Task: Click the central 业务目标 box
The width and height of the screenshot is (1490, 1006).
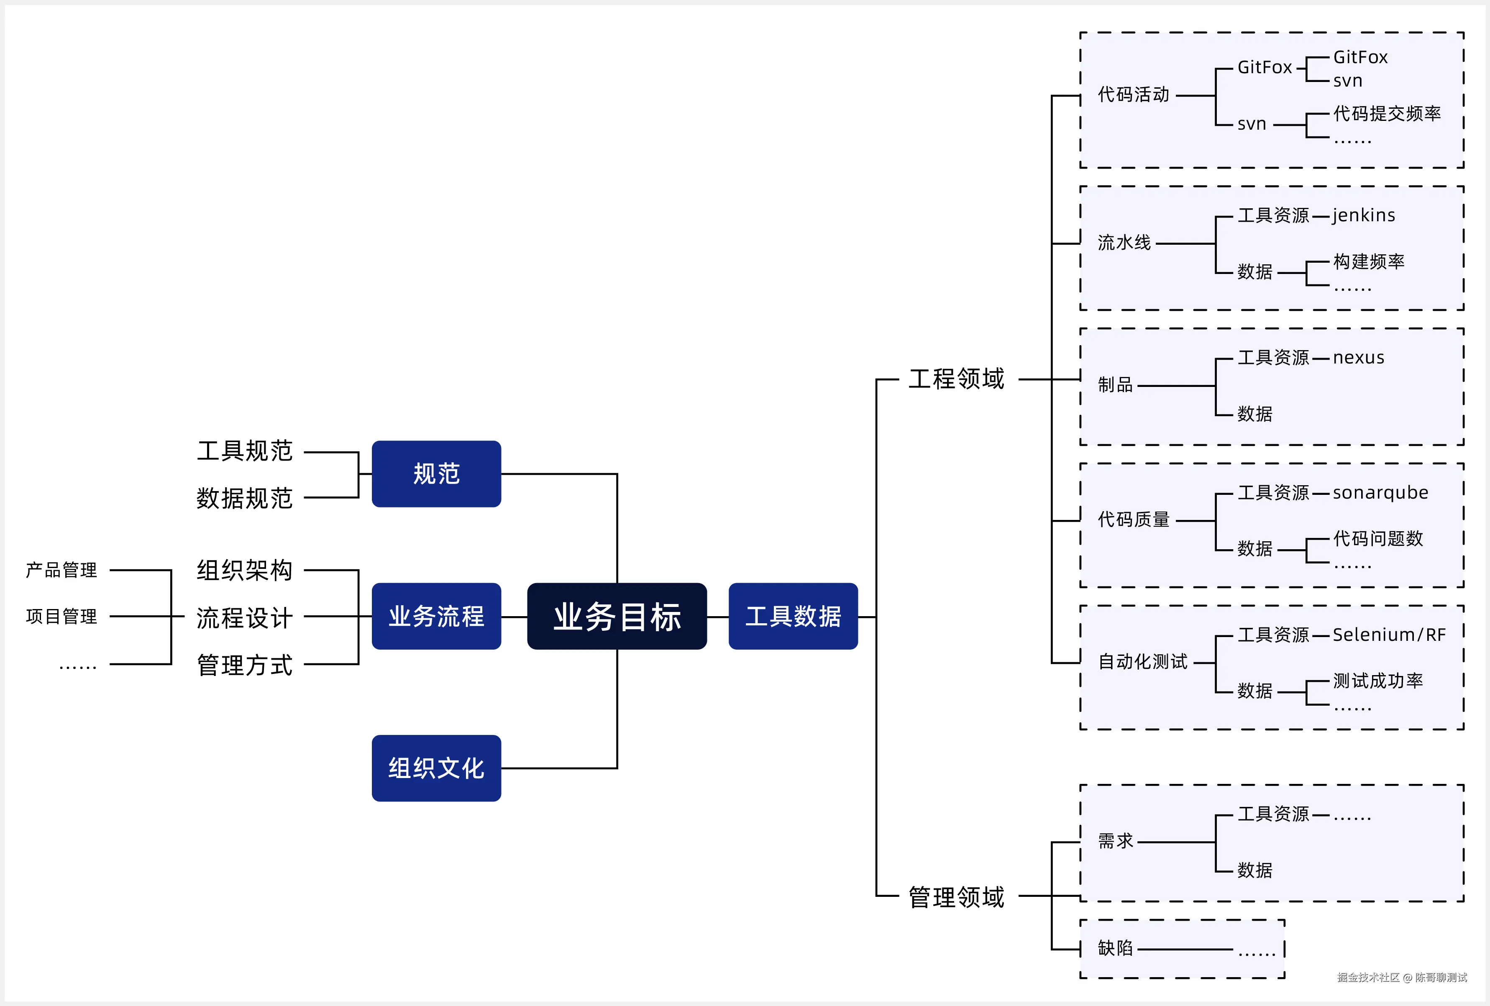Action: [x=617, y=616]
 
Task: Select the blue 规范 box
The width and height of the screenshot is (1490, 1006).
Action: [x=436, y=474]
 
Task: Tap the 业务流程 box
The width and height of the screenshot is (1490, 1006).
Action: [x=436, y=616]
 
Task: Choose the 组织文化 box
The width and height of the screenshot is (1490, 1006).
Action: [x=436, y=768]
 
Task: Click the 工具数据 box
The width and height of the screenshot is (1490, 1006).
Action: [x=793, y=616]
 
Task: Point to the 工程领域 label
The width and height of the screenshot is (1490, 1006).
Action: [x=956, y=379]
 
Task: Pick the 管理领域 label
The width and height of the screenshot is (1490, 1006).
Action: [x=956, y=897]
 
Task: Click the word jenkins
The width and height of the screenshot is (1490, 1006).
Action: [x=1364, y=215]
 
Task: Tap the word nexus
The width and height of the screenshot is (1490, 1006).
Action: [x=1359, y=358]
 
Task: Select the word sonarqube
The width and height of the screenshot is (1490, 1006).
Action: [x=1380, y=492]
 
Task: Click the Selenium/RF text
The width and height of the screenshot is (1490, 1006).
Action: [x=1389, y=635]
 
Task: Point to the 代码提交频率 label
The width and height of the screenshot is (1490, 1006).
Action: [x=1387, y=113]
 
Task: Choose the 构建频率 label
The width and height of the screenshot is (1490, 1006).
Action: [x=1369, y=261]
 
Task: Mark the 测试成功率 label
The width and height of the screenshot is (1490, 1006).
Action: [x=1378, y=680]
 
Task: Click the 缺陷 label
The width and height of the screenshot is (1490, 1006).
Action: [x=1115, y=948]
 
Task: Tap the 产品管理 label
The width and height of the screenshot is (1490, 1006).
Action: [x=61, y=570]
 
